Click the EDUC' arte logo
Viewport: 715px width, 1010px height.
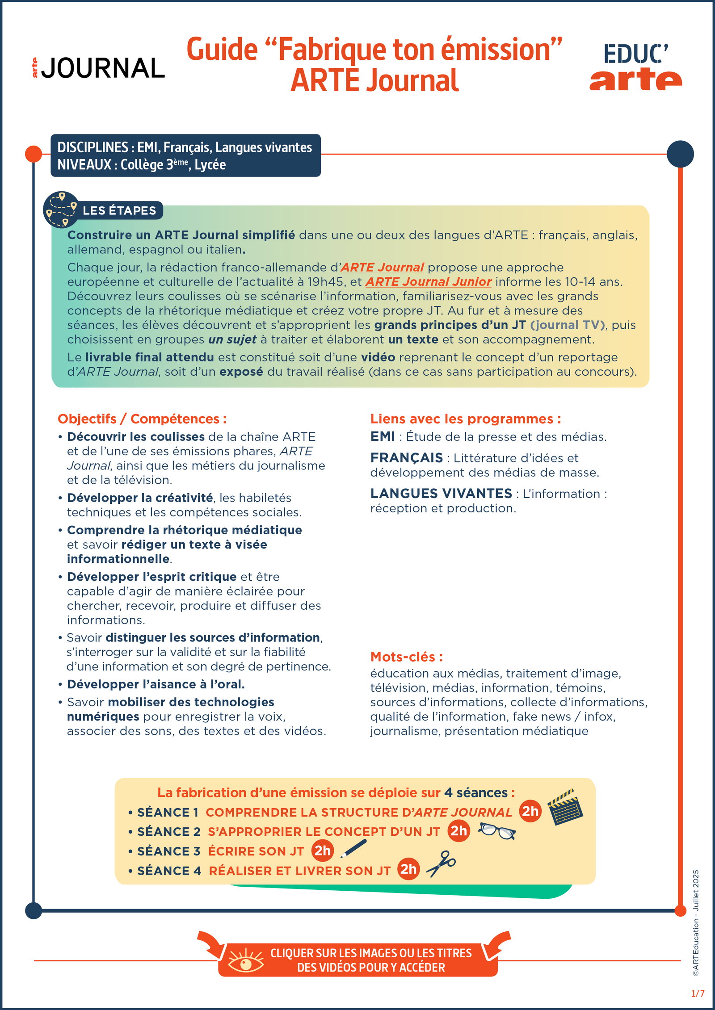pos(635,67)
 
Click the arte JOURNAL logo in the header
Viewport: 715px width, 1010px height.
pos(98,68)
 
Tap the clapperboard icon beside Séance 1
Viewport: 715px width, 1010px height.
pos(565,807)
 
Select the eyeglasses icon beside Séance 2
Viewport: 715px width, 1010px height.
pos(497,831)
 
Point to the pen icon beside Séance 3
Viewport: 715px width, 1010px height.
pos(353,848)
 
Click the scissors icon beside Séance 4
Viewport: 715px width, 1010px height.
pos(441,863)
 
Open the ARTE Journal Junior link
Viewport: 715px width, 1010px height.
pos(429,282)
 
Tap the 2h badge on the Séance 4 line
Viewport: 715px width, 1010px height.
pos(408,869)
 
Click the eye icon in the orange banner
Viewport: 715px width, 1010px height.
pos(246,960)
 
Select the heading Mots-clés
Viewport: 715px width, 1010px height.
pos(406,657)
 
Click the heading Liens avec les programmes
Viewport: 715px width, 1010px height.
pos(465,419)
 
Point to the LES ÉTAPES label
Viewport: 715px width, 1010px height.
pos(119,210)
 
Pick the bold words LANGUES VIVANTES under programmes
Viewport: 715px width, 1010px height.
pos(441,494)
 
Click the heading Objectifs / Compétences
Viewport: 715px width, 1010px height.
pos(142,419)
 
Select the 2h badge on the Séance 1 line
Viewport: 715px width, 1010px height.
pos(530,811)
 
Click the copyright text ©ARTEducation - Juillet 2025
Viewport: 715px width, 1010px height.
pos(696,922)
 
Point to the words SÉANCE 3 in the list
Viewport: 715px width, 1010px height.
pos(169,851)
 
